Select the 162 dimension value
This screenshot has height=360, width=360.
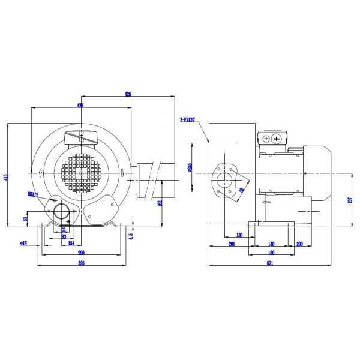pos(160,203)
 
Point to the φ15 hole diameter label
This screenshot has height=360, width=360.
pos(23,243)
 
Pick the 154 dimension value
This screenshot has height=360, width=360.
pos(70,243)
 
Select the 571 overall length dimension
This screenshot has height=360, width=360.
pos(269,265)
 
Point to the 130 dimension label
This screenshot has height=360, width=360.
pos(239,236)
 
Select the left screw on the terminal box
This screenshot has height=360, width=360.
pos(266,139)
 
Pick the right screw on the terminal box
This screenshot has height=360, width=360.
pos(277,139)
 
